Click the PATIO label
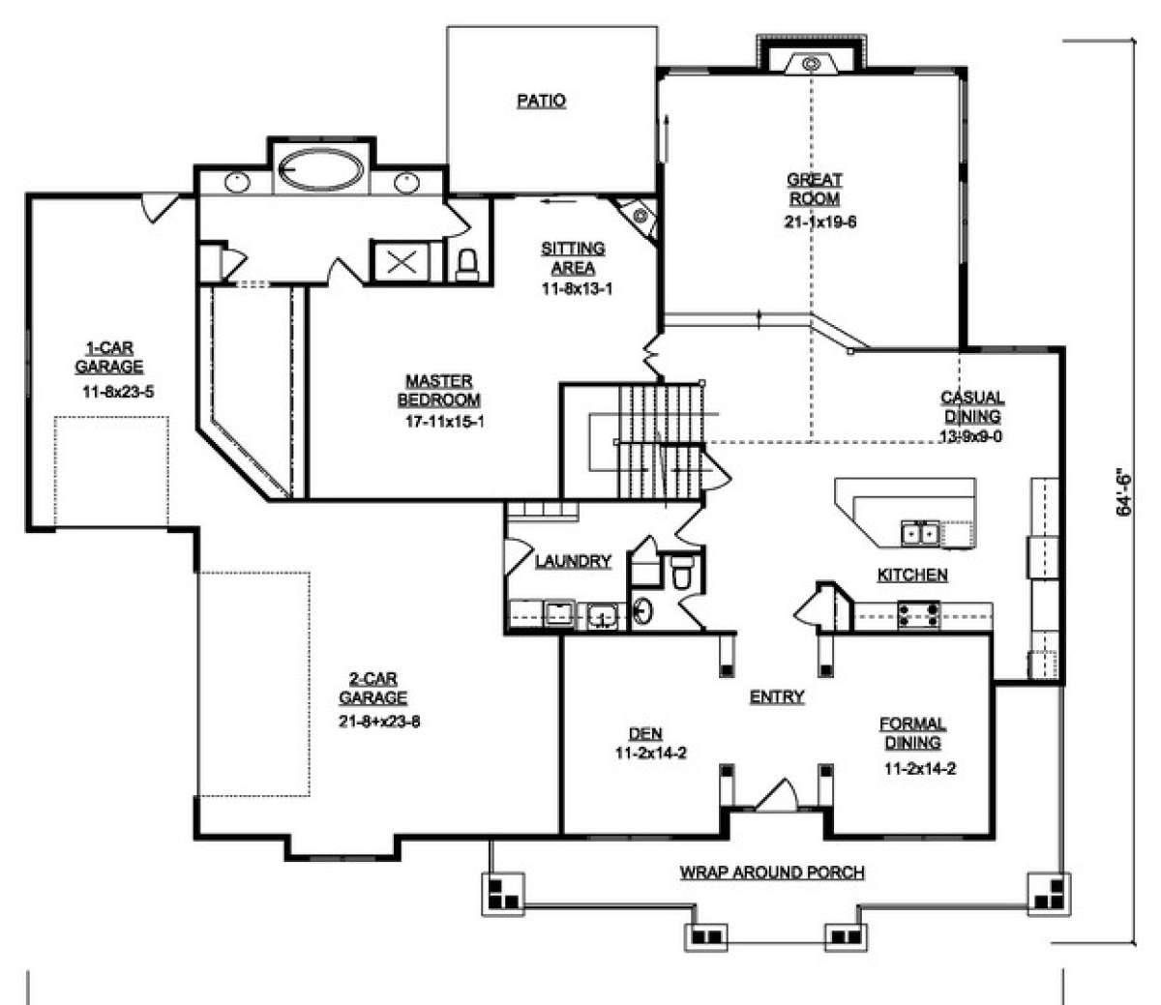pos(542,101)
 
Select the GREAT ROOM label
pos(815,190)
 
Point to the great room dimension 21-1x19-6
pos(820,222)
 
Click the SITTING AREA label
pos(573,257)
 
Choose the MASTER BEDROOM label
pos(439,391)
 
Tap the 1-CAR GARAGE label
pos(109,358)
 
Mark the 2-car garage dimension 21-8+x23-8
pos(379,721)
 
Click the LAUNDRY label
pos(573,561)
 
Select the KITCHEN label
pos(912,575)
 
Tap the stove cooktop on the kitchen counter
pos(918,614)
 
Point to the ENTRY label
pos(777,696)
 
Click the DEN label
pos(645,734)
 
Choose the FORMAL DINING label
pos(912,733)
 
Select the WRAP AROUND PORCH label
pos(772,872)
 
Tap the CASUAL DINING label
pos(972,407)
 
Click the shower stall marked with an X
pos(402,261)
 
